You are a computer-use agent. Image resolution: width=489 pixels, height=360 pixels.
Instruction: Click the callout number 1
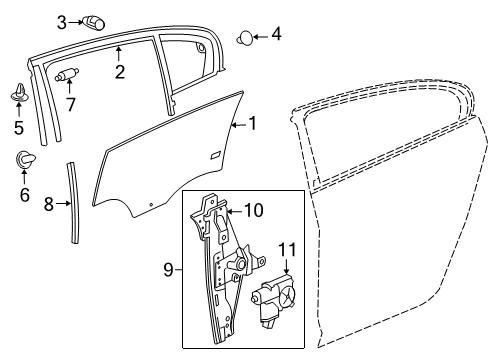[253, 124]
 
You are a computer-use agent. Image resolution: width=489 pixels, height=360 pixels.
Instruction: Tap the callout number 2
[120, 72]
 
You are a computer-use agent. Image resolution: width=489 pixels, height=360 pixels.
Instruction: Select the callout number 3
[62, 20]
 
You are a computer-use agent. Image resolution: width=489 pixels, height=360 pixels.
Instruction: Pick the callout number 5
[18, 127]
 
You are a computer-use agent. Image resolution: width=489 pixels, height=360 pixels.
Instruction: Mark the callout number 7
[70, 105]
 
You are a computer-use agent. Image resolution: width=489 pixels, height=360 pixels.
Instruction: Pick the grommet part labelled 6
[24, 158]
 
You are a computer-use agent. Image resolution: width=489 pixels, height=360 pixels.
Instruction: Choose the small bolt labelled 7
[68, 73]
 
